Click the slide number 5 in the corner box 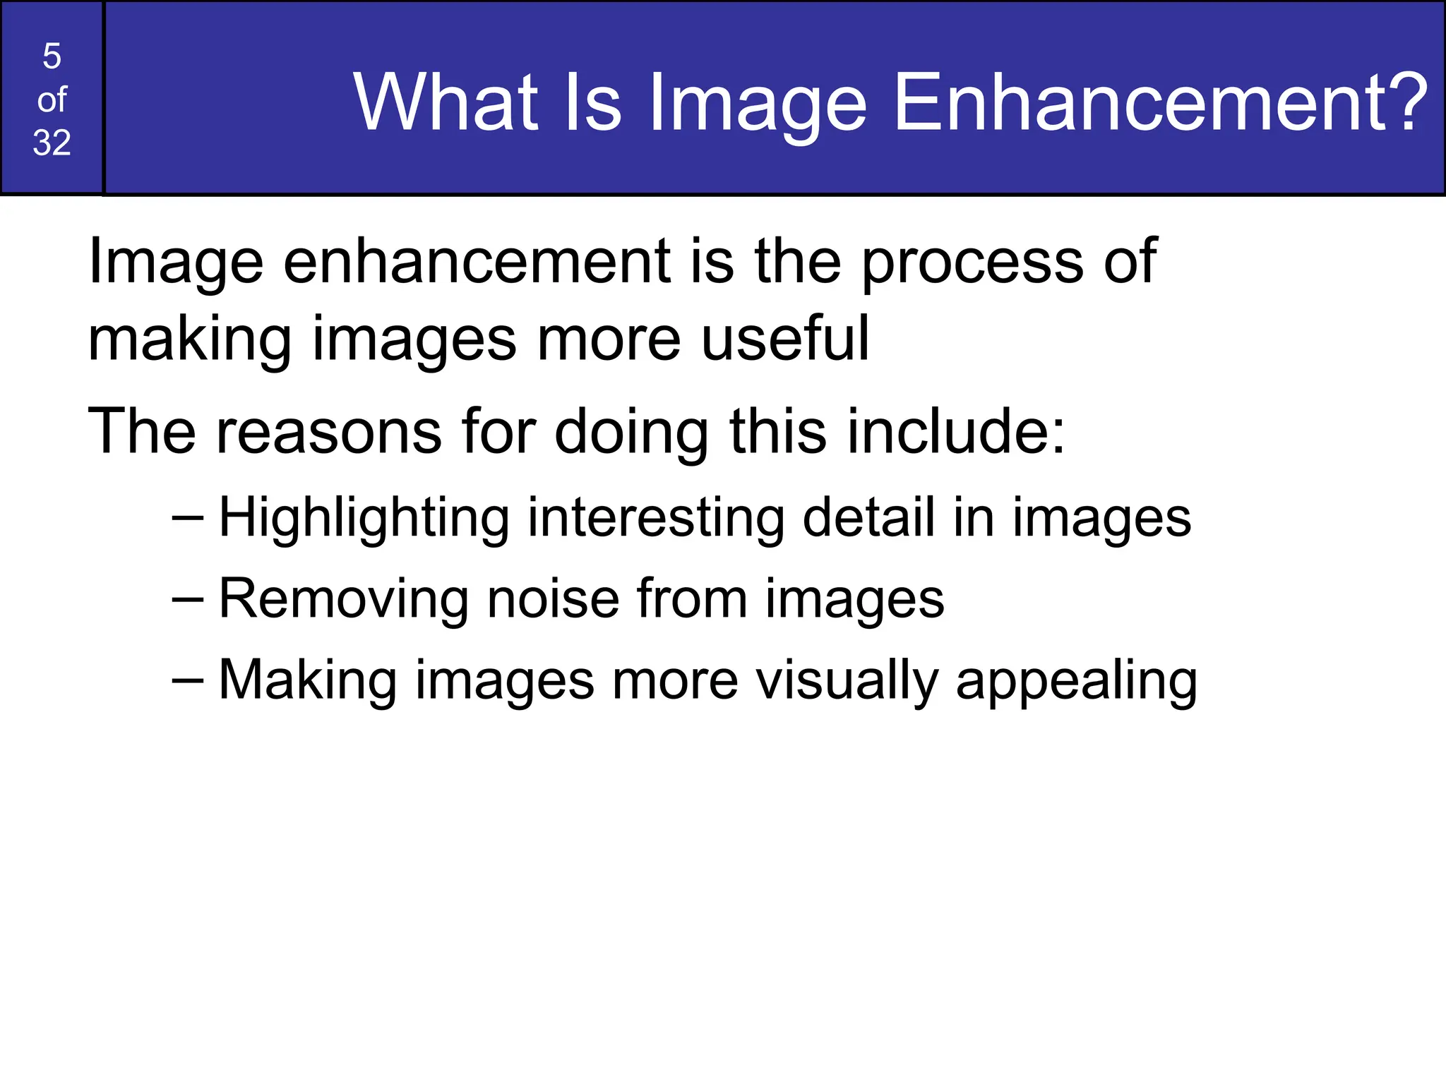pos(52,56)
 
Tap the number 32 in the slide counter pos(52,143)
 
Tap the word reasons pos(328,432)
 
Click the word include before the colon pos(946,432)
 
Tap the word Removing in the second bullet pos(343,600)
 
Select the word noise pos(553,600)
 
